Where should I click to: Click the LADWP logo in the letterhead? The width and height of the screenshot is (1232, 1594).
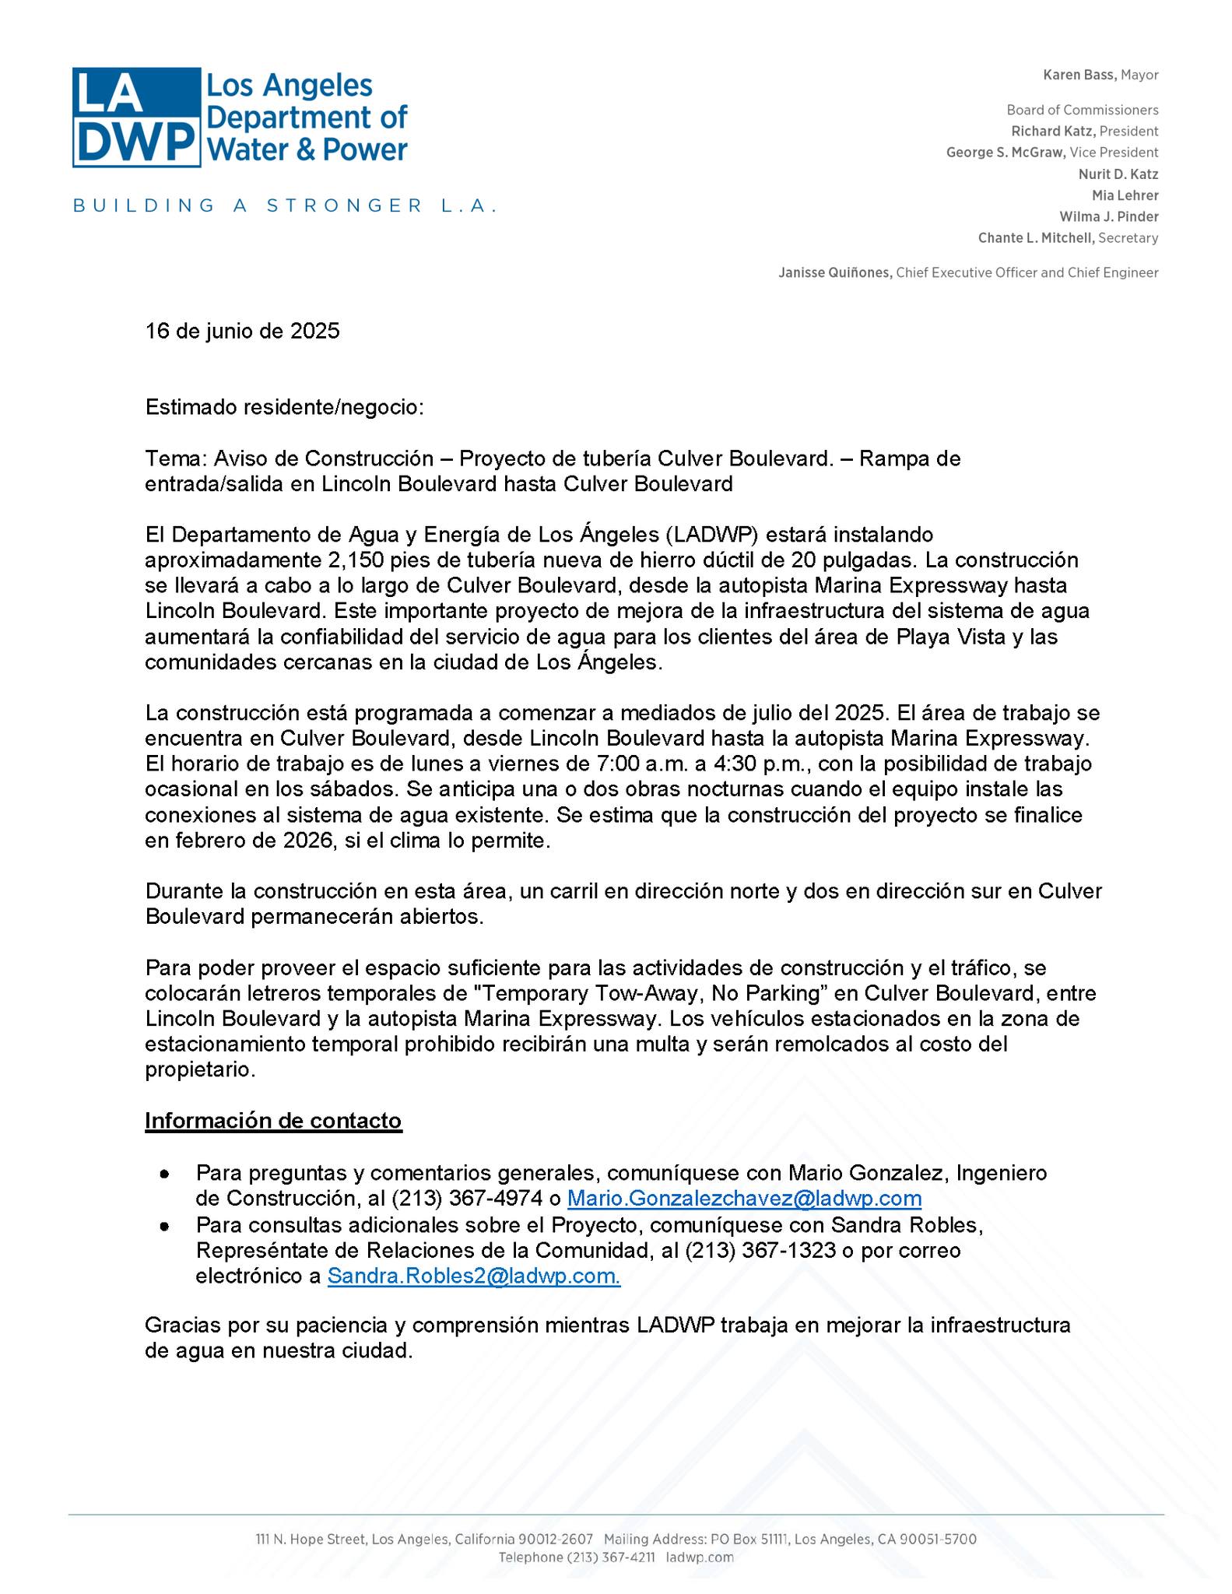(x=240, y=117)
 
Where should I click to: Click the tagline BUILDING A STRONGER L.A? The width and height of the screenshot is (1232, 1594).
(x=284, y=206)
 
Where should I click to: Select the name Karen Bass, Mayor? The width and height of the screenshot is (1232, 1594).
(x=1100, y=75)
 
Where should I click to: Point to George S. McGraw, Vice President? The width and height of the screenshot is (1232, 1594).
(x=1051, y=153)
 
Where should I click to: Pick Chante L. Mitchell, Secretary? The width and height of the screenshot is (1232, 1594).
(x=1067, y=238)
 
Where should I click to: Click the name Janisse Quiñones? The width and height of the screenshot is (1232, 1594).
(x=835, y=273)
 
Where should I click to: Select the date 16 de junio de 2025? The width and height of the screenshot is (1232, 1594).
(x=242, y=332)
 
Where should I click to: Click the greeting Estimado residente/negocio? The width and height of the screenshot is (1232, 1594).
(x=285, y=407)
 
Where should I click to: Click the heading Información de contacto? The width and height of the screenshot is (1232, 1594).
(x=273, y=1121)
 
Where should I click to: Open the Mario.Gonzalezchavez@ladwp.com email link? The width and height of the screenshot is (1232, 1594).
(x=744, y=1199)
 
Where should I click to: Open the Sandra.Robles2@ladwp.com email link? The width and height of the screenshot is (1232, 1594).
(x=473, y=1276)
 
